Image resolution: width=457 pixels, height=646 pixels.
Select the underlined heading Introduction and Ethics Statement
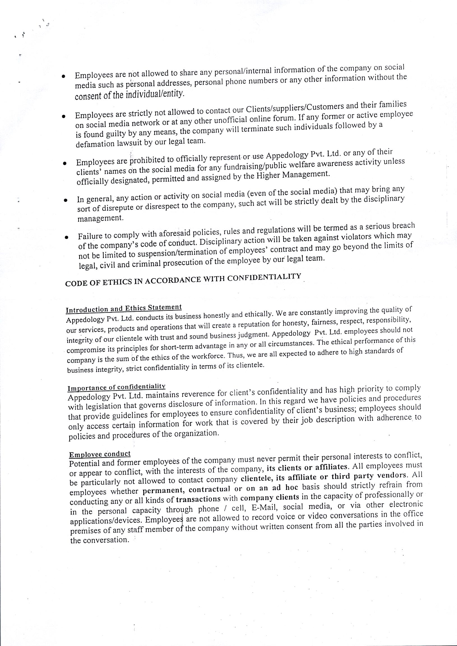tap(124, 308)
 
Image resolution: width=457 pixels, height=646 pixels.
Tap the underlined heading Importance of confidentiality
tap(116, 387)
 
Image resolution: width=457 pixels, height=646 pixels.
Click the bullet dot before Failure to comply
tap(66, 237)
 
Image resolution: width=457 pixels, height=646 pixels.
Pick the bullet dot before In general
tap(65, 200)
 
